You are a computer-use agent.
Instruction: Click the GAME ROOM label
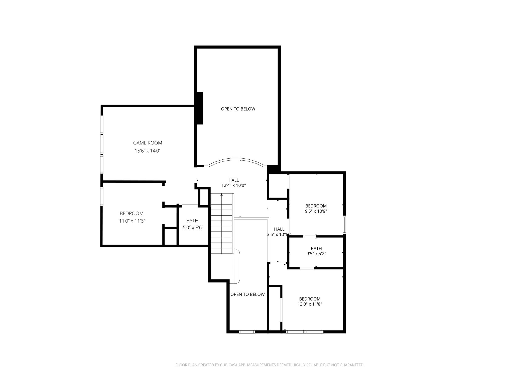click(x=148, y=143)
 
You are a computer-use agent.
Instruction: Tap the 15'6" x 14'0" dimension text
click(x=148, y=151)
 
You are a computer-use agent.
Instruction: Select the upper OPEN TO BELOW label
click(x=238, y=109)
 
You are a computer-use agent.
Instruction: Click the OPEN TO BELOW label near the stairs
click(x=247, y=294)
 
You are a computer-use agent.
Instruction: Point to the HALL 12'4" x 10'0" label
click(x=233, y=183)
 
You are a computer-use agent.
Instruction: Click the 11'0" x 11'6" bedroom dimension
click(x=132, y=221)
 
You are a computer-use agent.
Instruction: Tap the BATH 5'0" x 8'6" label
click(x=192, y=224)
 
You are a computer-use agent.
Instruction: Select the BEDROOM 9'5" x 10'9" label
click(x=316, y=209)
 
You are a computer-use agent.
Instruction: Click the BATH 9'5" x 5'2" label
click(x=316, y=251)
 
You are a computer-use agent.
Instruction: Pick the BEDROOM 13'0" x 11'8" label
click(x=310, y=302)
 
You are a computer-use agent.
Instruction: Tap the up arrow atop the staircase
click(x=221, y=195)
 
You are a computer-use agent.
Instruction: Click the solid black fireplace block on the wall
click(x=200, y=108)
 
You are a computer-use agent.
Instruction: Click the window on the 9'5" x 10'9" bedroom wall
click(x=344, y=225)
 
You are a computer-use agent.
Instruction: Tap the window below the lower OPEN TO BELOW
click(x=247, y=332)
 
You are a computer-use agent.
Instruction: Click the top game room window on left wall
click(x=102, y=125)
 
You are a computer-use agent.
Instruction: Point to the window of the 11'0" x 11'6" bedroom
click(x=102, y=197)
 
